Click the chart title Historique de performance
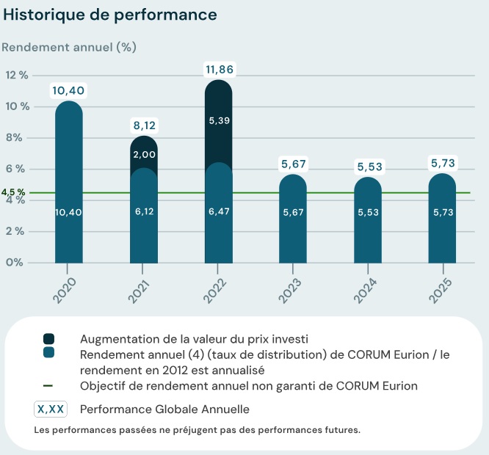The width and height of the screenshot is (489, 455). click(111, 15)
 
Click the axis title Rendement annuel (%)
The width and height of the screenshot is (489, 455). click(69, 47)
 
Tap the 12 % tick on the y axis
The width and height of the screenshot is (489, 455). click(17, 75)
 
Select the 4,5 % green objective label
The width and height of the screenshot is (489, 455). click(13, 192)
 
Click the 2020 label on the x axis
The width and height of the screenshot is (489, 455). click(64, 290)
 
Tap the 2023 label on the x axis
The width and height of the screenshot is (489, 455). click(289, 290)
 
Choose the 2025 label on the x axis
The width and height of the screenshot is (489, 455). click(438, 290)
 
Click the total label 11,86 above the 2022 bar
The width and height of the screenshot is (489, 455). click(220, 70)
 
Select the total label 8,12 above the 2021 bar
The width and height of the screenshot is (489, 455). click(144, 125)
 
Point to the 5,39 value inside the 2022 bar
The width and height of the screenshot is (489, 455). click(220, 120)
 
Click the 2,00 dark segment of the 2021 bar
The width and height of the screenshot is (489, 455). click(144, 154)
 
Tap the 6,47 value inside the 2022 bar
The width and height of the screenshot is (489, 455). click(220, 211)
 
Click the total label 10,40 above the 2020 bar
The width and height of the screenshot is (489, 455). click(69, 90)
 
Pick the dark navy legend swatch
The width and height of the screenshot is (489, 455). click(48, 339)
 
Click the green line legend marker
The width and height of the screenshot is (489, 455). click(48, 386)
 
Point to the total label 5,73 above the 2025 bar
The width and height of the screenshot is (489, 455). click(443, 162)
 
